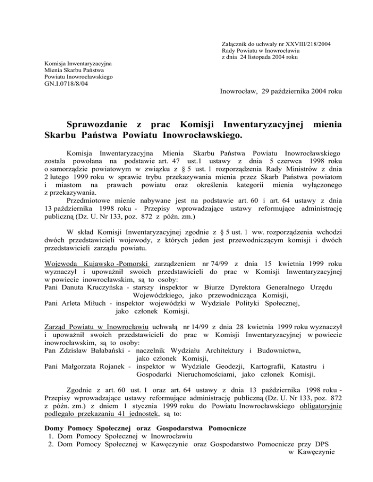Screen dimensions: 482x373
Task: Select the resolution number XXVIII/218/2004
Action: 304,44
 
